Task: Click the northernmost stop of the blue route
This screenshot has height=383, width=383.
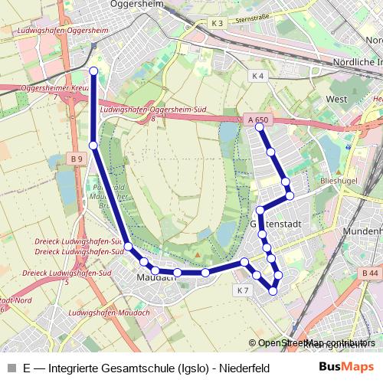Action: point(93,71)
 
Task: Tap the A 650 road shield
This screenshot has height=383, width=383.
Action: point(258,119)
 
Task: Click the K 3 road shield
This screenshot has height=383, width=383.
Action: point(218,24)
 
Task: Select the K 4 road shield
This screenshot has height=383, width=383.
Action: point(257,76)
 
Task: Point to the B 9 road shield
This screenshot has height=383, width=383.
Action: point(75,159)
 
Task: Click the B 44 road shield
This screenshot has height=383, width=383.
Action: point(370,273)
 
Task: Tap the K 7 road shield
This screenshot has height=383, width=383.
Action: point(243,290)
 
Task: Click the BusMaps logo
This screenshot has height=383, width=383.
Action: point(347,367)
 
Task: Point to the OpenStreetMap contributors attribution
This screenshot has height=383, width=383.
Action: point(316,343)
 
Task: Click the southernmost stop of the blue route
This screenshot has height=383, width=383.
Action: point(273,291)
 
